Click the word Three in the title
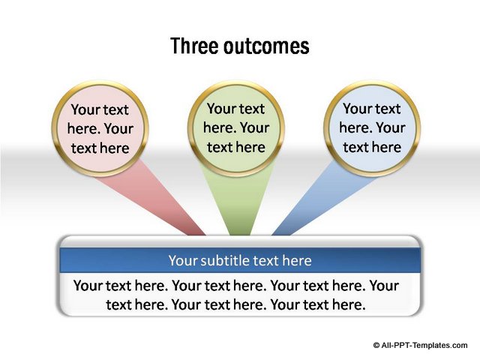coord(194,46)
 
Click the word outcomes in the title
coord(266,46)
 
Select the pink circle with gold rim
coord(100,129)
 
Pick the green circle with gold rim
coord(236,128)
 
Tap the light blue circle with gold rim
coord(372,128)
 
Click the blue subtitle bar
coord(240,260)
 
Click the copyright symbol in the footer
coord(376,346)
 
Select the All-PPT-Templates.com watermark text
coord(424,346)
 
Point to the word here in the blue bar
coord(297,260)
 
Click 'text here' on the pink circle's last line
coord(100,148)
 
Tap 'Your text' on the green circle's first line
coord(235,109)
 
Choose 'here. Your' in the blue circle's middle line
coord(372,127)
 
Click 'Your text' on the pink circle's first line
coord(100,110)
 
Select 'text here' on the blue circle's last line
coord(372,147)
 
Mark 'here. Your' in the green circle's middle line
coord(236,127)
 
